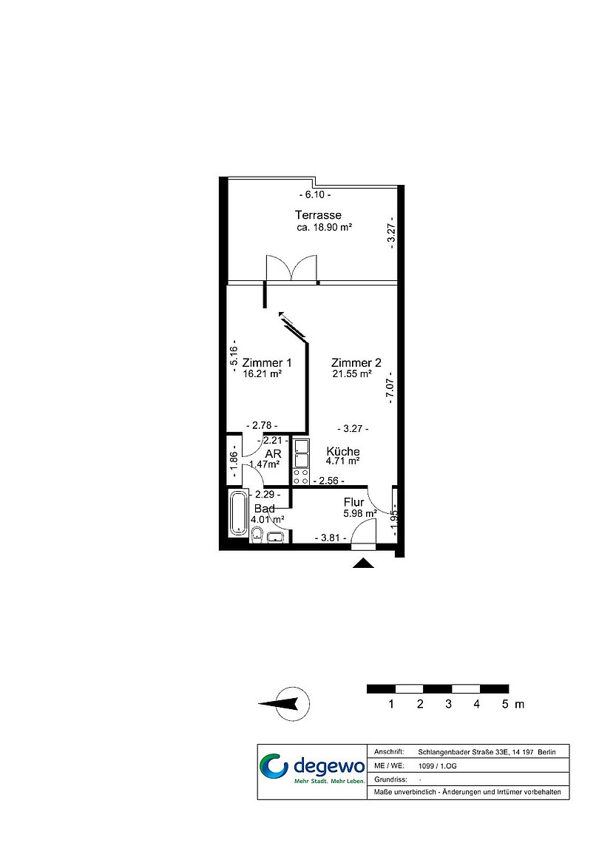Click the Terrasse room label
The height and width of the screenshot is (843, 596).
(318, 215)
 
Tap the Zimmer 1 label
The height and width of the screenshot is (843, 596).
(266, 363)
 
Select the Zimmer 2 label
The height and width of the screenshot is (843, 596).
(356, 363)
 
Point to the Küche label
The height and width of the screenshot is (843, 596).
(343, 452)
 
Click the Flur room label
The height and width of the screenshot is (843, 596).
(353, 502)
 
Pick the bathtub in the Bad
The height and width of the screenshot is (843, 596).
(237, 512)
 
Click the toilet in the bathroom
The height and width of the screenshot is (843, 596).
(257, 534)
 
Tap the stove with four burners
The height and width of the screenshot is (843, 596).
(300, 476)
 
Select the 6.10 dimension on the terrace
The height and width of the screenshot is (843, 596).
(315, 195)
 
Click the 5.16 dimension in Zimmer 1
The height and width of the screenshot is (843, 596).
(233, 355)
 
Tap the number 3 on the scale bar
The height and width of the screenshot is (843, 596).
(448, 704)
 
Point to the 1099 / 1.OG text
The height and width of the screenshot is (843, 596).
(437, 765)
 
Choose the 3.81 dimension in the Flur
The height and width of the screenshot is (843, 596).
(330, 538)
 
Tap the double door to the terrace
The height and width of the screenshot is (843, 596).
(292, 267)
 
